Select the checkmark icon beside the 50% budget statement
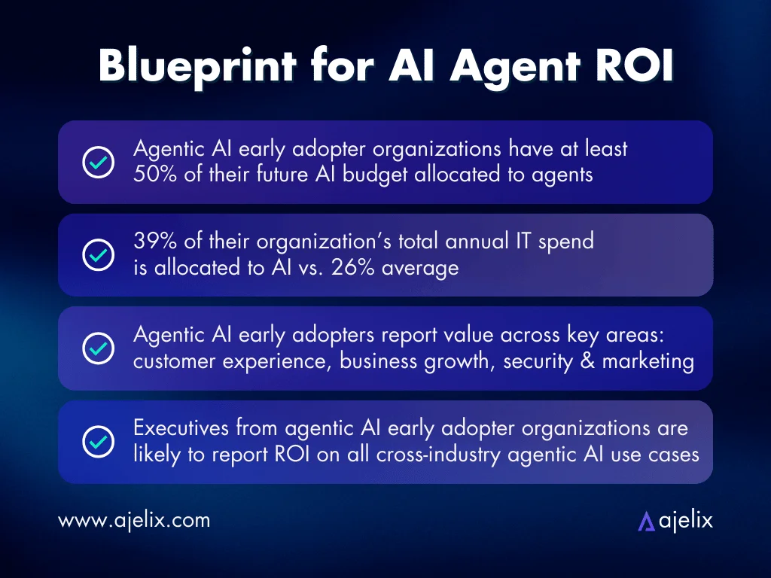(x=98, y=163)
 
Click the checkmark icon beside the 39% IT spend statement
(x=98, y=255)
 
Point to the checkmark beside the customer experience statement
(x=98, y=348)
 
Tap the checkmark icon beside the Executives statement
(x=98, y=441)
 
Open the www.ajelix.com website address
(x=134, y=520)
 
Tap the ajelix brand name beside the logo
(x=685, y=520)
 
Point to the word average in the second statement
(x=421, y=267)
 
